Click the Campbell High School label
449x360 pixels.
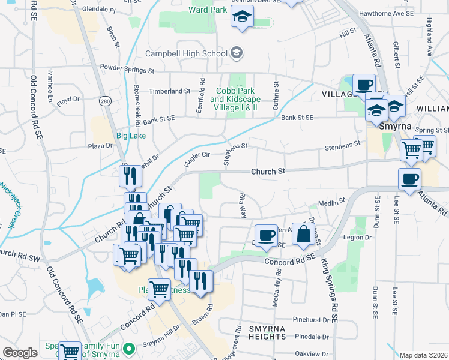pyautogui.click(x=181, y=53)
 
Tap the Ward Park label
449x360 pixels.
pyautogui.click(x=207, y=10)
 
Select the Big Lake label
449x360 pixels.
pyautogui.click(x=131, y=136)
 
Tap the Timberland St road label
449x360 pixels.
pyautogui.click(x=170, y=91)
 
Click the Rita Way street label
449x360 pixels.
pyautogui.click(x=243, y=205)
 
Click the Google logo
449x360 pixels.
pyautogui.click(x=20, y=353)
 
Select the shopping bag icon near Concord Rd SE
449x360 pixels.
pyautogui.click(x=304, y=234)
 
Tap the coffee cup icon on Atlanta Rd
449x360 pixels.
pyautogui.click(x=410, y=179)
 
